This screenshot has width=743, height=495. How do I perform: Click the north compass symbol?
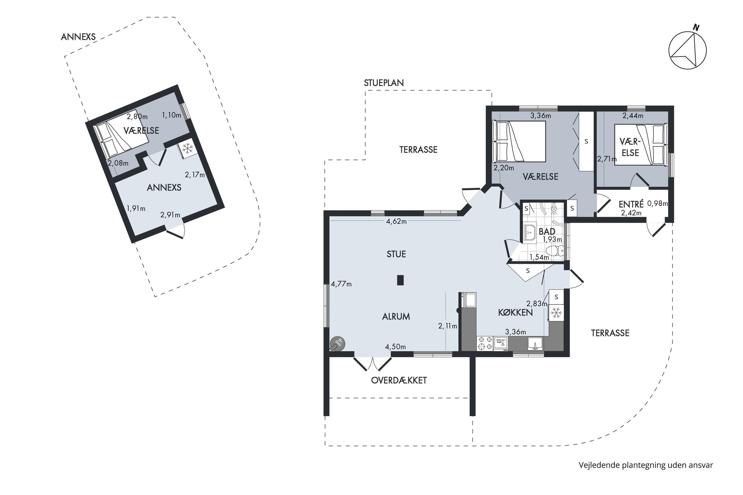click(x=688, y=50)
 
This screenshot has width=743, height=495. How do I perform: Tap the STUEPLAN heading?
click(x=384, y=83)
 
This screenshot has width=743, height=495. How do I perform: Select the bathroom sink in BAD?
click(x=530, y=233)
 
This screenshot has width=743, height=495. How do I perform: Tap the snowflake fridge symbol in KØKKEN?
click(x=556, y=313)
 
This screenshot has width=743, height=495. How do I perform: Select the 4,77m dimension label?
click(x=341, y=284)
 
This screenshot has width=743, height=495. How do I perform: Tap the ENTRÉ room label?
click(x=631, y=204)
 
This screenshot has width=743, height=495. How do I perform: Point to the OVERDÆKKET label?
click(x=399, y=380)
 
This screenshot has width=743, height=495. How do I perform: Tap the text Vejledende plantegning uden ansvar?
click(x=646, y=465)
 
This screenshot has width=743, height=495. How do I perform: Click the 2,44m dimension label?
click(x=633, y=116)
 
